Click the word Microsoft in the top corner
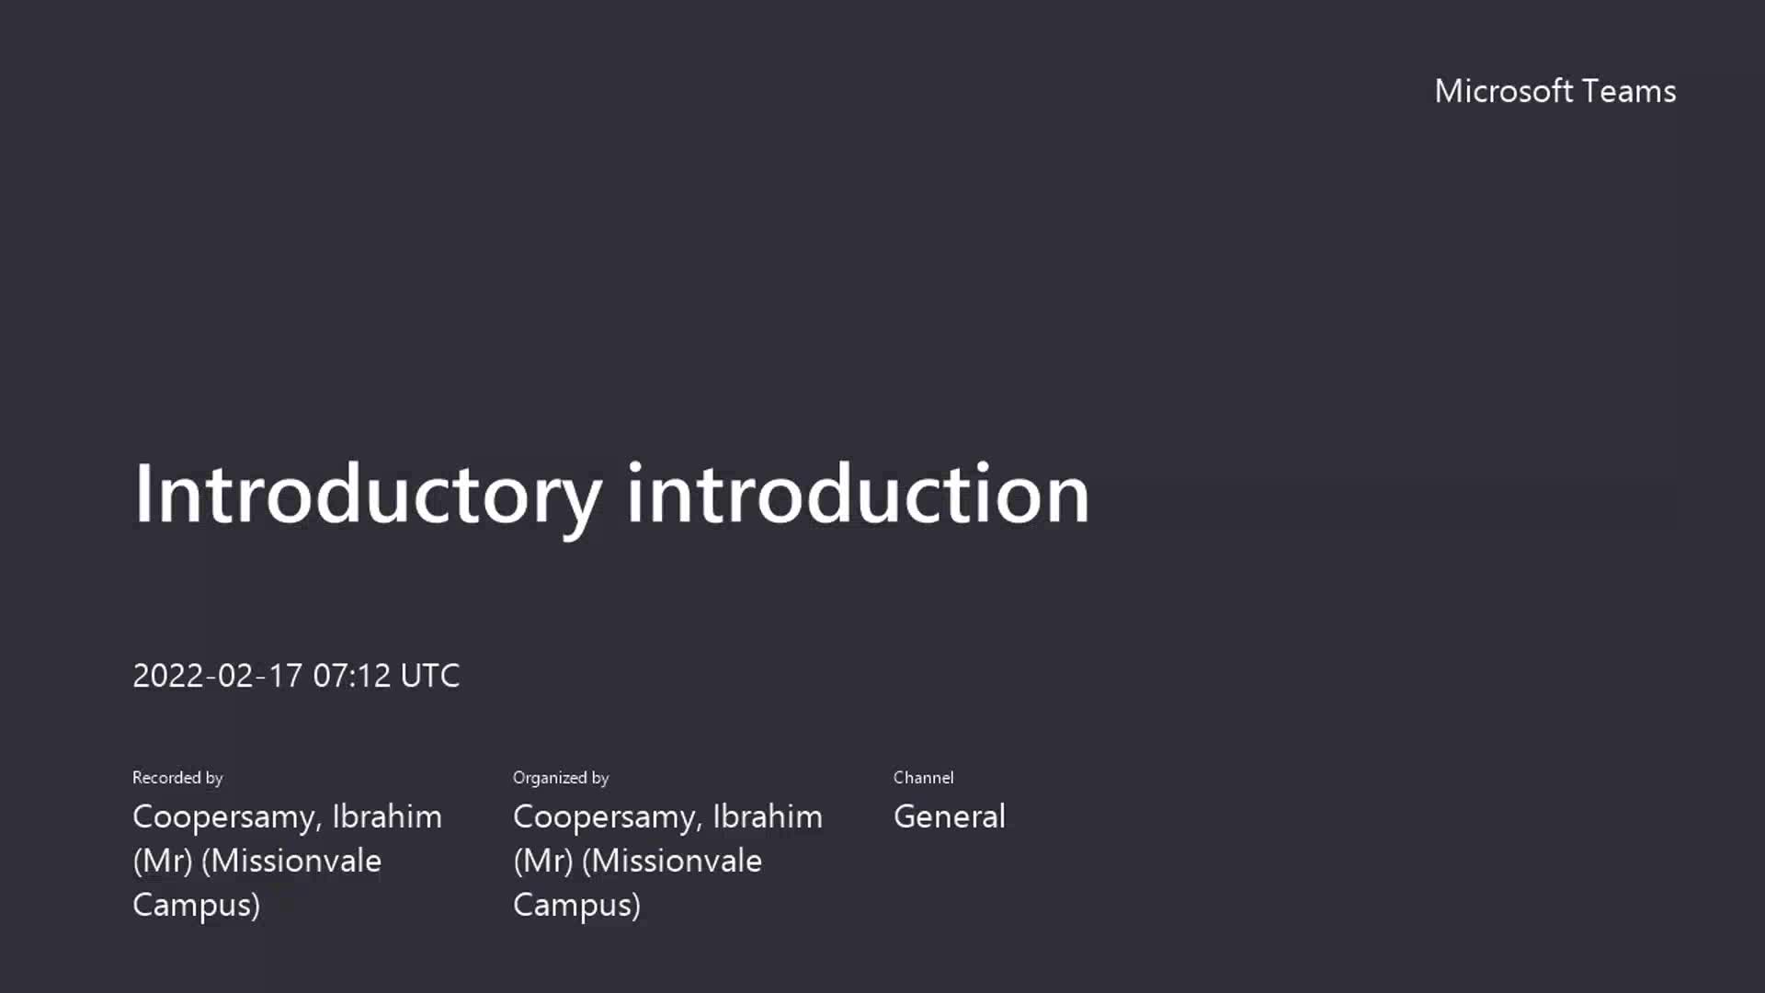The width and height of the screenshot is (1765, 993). tap(1504, 91)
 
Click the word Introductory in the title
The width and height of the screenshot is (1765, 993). tap(368, 496)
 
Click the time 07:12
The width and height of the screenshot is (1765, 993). tap(352, 676)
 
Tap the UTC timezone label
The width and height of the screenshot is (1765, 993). tap(430, 676)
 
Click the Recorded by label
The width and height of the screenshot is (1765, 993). tap(177, 778)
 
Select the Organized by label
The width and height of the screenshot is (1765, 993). tap(561, 778)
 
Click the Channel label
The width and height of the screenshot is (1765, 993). tap(923, 778)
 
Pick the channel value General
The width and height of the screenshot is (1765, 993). tap(950, 816)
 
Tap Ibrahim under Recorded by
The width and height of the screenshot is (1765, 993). tap(387, 816)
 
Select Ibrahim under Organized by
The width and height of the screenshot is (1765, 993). tap(768, 816)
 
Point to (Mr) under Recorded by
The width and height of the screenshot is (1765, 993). tap(163, 862)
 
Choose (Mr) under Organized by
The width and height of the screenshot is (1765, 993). tap(543, 862)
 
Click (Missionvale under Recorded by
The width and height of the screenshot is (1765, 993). tap(291, 862)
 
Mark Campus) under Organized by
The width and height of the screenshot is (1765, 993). tap(576, 906)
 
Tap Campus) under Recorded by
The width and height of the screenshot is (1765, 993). tap(196, 906)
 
